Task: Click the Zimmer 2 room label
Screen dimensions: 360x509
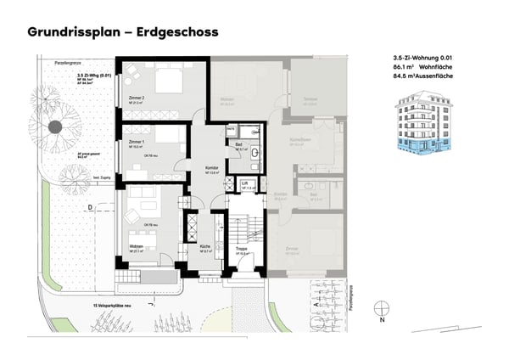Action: click(138, 98)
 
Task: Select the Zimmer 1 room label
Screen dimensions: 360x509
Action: click(137, 142)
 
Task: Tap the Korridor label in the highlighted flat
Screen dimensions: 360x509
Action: click(212, 168)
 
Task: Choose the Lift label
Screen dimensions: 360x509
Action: click(243, 183)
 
